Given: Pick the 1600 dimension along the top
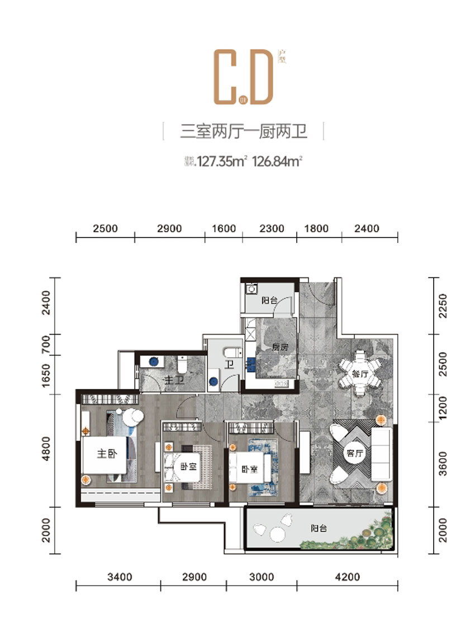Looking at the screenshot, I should coord(224,229).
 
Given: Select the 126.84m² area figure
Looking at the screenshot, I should coord(278,162).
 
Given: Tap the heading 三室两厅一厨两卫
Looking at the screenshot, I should coord(244,132).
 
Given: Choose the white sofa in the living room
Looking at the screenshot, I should coord(383,453).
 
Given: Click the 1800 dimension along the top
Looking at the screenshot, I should coord(319,229).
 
